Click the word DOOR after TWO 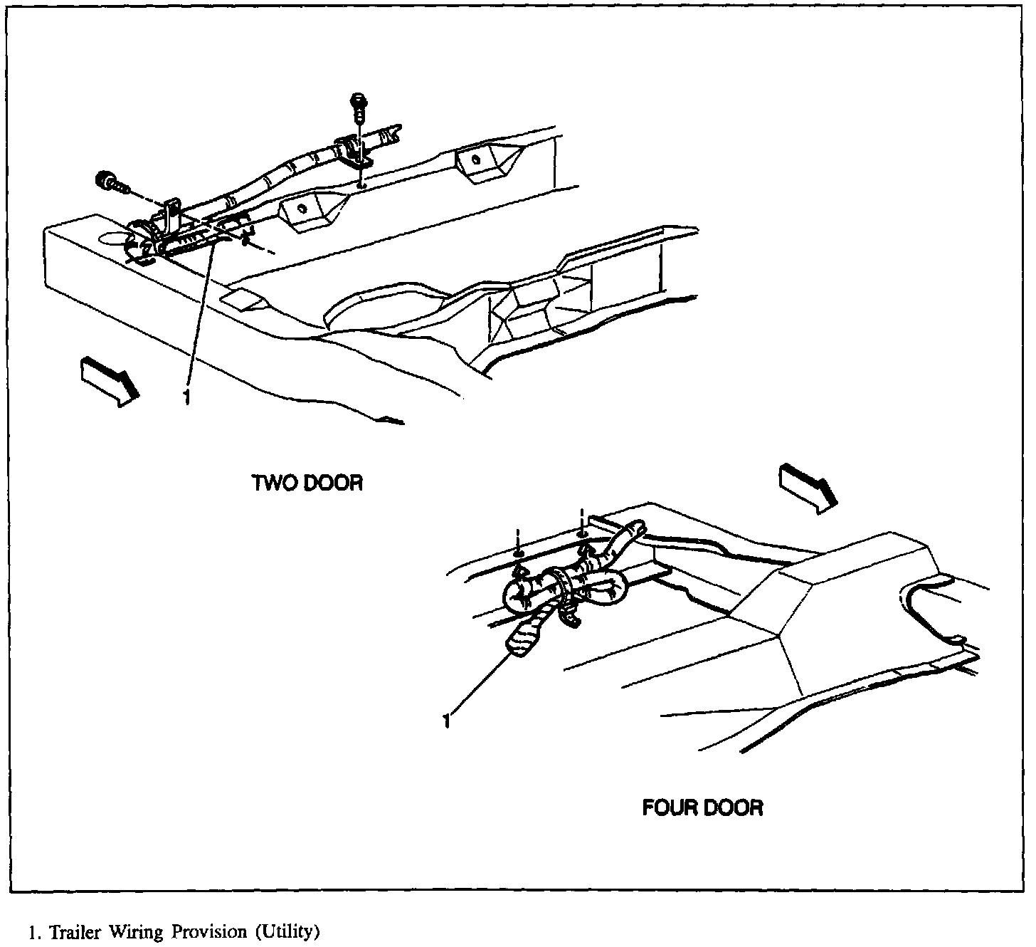[x=333, y=483]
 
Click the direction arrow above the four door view [x=807, y=487]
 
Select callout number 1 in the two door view [x=186, y=397]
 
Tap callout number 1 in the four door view [x=447, y=721]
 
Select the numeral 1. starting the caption [x=33, y=932]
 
